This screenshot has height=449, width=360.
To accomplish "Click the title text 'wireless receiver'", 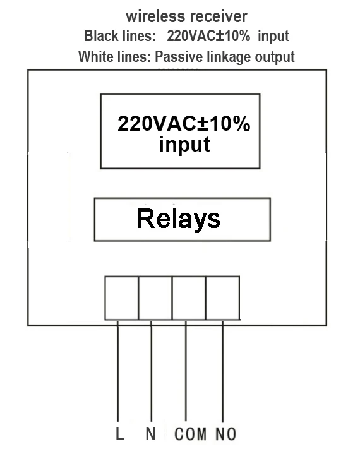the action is [x=186, y=16].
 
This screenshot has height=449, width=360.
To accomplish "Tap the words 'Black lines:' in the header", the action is [x=120, y=36].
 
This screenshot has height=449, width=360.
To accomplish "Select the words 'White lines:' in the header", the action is [x=114, y=56].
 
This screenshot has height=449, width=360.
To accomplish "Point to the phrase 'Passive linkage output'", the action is [x=225, y=57].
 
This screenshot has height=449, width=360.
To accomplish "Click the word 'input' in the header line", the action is [x=273, y=37].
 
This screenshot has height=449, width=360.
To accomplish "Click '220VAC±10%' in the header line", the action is [x=208, y=36].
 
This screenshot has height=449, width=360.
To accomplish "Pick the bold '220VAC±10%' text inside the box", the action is [x=184, y=124].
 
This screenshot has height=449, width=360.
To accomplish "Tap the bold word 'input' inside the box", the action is [x=184, y=145].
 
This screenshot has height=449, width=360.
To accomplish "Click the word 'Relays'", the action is [x=179, y=219].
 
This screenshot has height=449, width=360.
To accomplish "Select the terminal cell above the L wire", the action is [x=122, y=298].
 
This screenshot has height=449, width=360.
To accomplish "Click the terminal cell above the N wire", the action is [x=155, y=298].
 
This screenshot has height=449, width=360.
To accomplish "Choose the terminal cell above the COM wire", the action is [x=189, y=298].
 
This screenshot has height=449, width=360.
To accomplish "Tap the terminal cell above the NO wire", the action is [x=223, y=298].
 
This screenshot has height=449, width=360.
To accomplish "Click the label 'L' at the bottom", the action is [x=120, y=434].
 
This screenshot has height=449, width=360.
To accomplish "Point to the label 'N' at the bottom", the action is [x=151, y=434].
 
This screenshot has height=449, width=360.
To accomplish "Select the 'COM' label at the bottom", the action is [x=191, y=434].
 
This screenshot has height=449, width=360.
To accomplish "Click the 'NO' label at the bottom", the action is [x=226, y=434].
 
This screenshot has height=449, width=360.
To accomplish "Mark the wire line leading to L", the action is [x=117, y=371].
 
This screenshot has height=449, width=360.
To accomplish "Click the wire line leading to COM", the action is [x=186, y=371].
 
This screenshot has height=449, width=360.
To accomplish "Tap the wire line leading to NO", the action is [x=222, y=371].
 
